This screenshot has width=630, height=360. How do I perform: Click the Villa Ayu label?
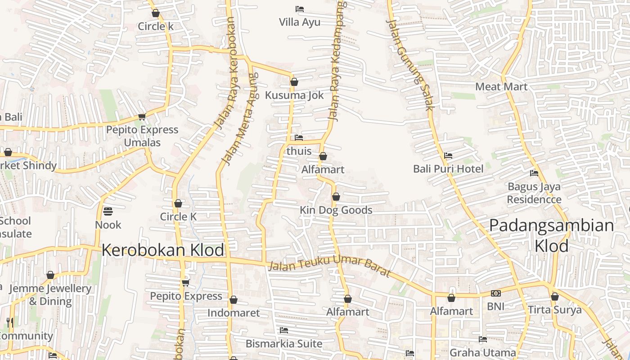point(300,22)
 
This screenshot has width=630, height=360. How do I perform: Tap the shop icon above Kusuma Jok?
point(294,82)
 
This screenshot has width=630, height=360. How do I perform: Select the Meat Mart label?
point(501,86)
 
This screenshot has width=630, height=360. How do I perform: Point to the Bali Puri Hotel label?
point(448,169)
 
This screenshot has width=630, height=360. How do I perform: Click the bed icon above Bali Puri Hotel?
point(448,156)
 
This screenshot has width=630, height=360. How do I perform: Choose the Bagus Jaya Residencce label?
point(534,193)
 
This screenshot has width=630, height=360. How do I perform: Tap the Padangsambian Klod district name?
point(552,235)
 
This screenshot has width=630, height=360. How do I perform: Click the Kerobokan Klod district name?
point(163,250)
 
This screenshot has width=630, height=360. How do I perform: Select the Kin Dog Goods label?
point(336,210)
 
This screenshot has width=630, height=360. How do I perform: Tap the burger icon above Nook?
point(108,211)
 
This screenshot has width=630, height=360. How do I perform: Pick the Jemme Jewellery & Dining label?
point(50,295)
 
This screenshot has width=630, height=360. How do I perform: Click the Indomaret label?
point(234,313)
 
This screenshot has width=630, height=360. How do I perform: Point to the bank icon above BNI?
point(495,293)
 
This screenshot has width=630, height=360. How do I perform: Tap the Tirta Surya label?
point(555,310)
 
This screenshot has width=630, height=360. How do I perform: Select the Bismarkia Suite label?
point(284,344)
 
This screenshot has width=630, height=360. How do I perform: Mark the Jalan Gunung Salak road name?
point(409,65)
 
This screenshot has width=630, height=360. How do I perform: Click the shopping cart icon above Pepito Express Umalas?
point(142,117)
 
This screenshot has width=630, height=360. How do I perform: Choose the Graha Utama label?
point(483,352)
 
